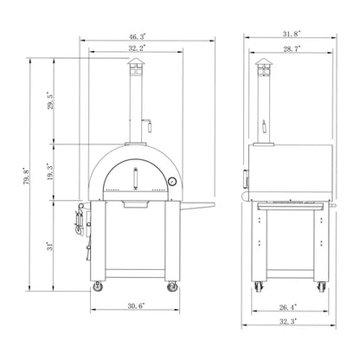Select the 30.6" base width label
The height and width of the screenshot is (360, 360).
135,305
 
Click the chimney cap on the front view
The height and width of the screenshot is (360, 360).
133,71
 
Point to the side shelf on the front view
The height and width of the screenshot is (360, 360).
198,204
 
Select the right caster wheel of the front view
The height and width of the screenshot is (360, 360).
172,286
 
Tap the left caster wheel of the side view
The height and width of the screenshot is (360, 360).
257,286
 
